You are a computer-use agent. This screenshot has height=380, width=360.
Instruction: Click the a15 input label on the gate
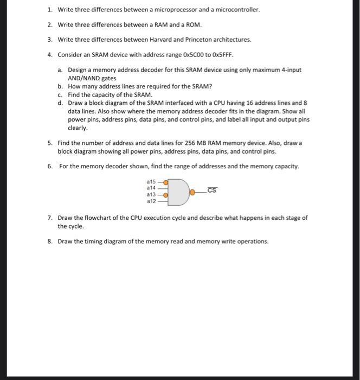(x=151, y=181)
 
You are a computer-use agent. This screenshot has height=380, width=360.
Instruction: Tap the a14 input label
(x=151, y=187)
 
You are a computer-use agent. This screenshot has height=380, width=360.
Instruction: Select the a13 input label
(x=151, y=194)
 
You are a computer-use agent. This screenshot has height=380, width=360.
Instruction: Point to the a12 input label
(x=151, y=201)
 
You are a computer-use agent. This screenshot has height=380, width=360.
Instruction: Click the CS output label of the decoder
(x=212, y=190)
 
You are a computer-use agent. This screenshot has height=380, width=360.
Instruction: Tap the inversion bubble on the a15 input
(x=165, y=181)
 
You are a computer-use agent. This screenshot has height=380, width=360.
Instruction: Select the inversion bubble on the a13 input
(x=165, y=194)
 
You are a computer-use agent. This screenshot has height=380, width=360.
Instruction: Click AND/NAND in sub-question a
(x=85, y=78)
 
